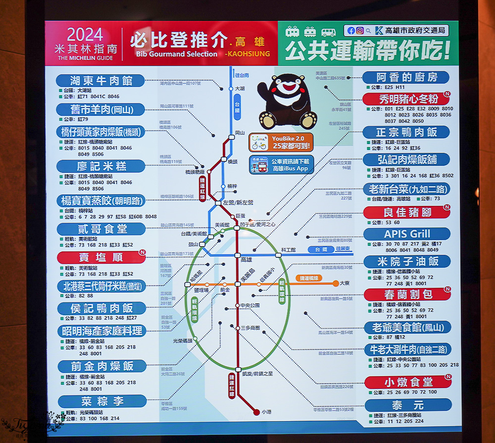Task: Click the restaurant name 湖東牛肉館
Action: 100,80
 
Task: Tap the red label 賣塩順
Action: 100,257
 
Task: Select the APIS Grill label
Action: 407,234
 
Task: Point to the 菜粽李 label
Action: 102,401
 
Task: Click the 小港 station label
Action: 267,411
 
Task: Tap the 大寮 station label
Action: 345,283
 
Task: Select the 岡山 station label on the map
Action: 240,133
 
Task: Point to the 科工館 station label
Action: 288,250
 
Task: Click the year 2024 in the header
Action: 85,35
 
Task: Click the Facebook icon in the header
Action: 351,30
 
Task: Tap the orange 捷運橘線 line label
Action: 310,279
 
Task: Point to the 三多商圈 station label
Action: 250,328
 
